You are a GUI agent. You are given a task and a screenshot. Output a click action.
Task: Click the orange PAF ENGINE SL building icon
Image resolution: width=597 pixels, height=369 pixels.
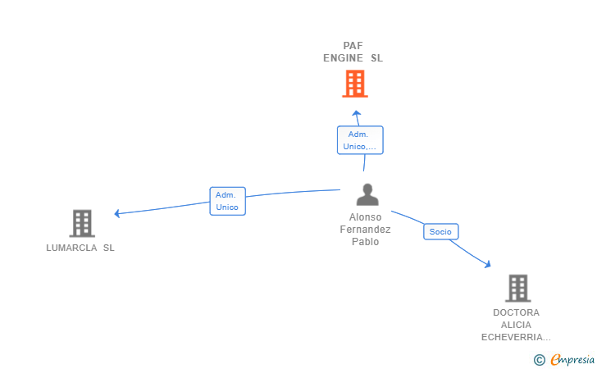click(x=355, y=84)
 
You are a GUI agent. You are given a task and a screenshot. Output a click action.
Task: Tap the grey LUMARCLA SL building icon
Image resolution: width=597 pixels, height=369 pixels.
click(x=82, y=224)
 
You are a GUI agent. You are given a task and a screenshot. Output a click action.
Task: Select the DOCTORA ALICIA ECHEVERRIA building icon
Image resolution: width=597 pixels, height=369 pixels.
click(x=518, y=289)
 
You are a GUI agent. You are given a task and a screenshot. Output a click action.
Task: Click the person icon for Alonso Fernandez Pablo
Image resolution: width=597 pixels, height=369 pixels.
click(x=367, y=194)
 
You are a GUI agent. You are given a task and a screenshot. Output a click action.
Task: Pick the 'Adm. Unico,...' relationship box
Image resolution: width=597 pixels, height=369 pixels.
click(x=360, y=140)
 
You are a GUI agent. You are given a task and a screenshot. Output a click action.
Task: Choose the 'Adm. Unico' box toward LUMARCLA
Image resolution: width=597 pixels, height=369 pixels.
click(x=228, y=201)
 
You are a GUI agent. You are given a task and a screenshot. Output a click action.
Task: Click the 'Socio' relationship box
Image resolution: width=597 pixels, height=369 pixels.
click(x=441, y=231)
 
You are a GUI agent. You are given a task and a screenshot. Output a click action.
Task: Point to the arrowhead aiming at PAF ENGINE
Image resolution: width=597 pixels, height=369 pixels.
click(x=356, y=113)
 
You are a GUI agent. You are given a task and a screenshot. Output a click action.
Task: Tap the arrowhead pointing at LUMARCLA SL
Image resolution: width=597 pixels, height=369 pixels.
click(x=117, y=214)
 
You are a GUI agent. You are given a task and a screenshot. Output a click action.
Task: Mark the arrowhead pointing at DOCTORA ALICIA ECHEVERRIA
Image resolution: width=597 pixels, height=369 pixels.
click(x=488, y=264)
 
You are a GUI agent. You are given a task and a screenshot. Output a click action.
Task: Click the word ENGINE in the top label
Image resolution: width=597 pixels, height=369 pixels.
click(x=343, y=58)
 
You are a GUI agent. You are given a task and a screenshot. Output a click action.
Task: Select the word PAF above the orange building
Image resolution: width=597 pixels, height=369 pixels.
click(x=353, y=46)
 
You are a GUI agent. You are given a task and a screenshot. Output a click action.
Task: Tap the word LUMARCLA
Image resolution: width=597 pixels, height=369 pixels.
click(x=71, y=248)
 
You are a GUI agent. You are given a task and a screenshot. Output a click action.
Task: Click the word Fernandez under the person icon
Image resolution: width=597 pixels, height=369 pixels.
click(x=365, y=230)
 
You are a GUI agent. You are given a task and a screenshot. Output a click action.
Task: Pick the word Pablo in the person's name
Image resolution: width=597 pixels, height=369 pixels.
click(x=365, y=242)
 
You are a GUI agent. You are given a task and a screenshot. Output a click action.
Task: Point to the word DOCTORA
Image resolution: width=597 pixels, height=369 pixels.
click(x=517, y=312)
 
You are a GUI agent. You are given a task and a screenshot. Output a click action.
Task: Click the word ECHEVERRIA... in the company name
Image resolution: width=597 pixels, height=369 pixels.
click(x=516, y=337)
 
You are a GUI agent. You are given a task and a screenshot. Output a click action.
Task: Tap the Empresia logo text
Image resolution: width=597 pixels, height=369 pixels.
click(x=572, y=359)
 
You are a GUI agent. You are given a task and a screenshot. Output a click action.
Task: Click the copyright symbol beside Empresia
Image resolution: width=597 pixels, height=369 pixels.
click(x=540, y=360)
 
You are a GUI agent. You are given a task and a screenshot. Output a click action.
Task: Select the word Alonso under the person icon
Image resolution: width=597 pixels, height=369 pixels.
click(x=365, y=217)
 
